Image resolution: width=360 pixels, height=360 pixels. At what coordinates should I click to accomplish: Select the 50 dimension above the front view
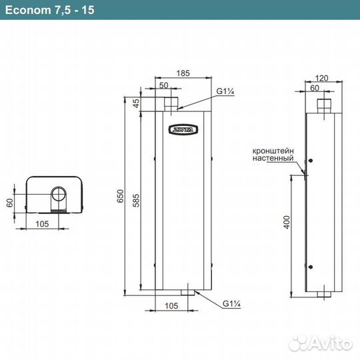pyautogui.click(x=163, y=85)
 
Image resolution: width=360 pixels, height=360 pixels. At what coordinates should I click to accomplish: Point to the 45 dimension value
pyautogui.click(x=137, y=103)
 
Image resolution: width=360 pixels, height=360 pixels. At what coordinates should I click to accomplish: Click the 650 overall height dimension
pyautogui.click(x=121, y=195)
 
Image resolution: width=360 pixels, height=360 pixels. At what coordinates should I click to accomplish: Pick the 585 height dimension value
pyautogui.click(x=137, y=200)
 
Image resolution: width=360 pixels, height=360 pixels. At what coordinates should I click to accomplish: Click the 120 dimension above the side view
pyautogui.click(x=323, y=78)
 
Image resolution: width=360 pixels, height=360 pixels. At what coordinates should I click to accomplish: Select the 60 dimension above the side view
pyautogui.click(x=315, y=87)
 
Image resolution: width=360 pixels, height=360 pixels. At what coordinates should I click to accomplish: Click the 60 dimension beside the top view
pyautogui.click(x=10, y=202)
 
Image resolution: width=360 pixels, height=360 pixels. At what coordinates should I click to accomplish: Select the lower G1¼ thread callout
pyautogui.click(x=231, y=305)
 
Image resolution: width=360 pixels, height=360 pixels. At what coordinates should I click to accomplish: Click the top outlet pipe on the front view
pyautogui.click(x=173, y=103)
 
